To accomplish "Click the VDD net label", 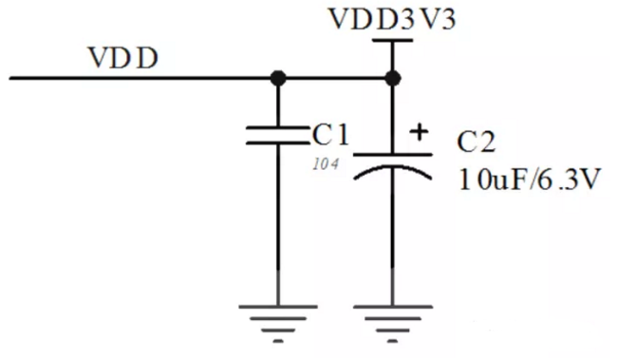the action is (x=124, y=58).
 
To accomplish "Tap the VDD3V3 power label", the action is (x=392, y=18).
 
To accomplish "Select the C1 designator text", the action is (x=330, y=134).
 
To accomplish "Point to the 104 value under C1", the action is (x=326, y=163).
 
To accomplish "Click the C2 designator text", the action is (x=477, y=142).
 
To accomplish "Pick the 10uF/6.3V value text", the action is (x=530, y=180).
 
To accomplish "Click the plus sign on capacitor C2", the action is (x=419, y=132).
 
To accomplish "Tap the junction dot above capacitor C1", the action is (x=278, y=78).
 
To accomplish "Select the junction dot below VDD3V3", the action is (x=392, y=78).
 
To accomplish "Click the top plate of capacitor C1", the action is (x=278, y=128).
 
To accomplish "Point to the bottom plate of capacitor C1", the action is (x=278, y=142).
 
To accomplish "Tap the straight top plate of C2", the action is (x=393, y=155).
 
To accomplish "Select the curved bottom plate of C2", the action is (x=393, y=168).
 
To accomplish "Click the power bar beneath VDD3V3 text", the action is (x=392, y=40).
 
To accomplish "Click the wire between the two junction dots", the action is (x=335, y=78).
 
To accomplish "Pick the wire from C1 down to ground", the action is (x=278, y=224).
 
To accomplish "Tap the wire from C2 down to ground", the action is (x=392, y=237).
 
